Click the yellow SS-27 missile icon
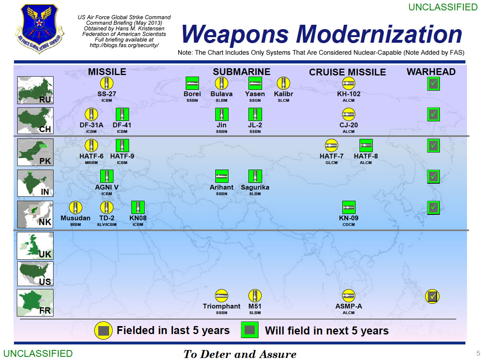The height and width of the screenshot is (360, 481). [107, 83]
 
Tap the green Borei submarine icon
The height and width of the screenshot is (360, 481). [192, 83]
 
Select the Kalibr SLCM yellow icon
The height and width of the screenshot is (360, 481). [283, 83]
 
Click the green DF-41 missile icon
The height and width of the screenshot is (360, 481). [122, 114]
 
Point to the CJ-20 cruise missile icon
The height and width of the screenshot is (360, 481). [348, 114]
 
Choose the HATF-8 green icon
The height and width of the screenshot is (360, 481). [366, 145]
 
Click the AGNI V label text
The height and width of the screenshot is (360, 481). [107, 187]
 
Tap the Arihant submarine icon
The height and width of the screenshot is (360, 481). [222, 176]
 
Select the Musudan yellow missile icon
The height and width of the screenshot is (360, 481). [76, 207]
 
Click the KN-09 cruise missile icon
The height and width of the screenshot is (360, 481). [348, 207]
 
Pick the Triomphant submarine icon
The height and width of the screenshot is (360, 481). [221, 295]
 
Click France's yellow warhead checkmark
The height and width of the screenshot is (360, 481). [432, 296]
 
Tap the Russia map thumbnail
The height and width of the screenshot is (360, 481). [35, 90]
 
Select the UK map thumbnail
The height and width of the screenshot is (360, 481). [35, 246]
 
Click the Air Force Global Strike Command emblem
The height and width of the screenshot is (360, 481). [40, 28]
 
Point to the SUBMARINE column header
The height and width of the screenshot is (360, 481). [241, 72]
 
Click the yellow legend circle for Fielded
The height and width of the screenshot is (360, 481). [103, 330]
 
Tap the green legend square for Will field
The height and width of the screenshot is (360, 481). [249, 330]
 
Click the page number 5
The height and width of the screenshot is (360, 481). [478, 353]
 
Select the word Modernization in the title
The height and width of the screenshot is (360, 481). [379, 34]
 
